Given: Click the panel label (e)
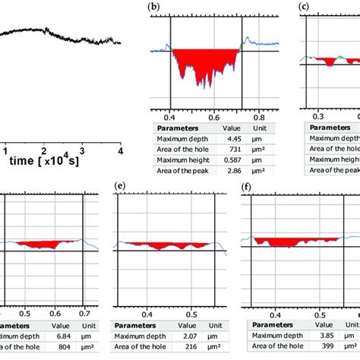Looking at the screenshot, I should pos(118,185).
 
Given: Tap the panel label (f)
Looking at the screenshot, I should pos(246,185).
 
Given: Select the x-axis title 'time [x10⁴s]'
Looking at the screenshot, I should pos(43,160).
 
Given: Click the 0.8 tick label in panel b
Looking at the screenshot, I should pos(260,118).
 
